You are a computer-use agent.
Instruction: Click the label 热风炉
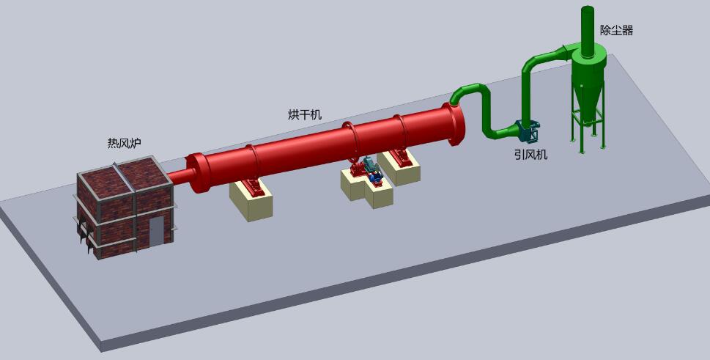(124, 144)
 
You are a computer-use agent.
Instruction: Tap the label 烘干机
(305, 114)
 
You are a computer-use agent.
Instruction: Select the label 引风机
(530, 155)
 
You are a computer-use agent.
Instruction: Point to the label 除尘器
(616, 30)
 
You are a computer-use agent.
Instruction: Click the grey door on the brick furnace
(156, 231)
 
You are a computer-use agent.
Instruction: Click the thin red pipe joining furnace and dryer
(180, 176)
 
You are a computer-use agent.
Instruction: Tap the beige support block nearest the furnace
(251, 199)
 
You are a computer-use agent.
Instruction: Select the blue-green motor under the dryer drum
(372, 170)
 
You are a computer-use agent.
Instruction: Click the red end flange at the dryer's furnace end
(199, 173)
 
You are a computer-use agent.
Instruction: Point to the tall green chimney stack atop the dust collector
(588, 31)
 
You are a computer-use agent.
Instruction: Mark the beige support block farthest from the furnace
(399, 168)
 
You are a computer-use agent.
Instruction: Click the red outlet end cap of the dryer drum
(454, 125)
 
